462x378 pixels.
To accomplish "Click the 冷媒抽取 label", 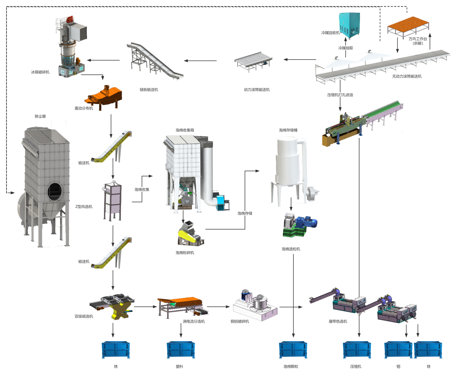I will [345, 48].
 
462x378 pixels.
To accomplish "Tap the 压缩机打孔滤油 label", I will [340, 95].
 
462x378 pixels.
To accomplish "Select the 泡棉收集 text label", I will [142, 189].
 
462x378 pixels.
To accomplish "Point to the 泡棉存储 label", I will [245, 213].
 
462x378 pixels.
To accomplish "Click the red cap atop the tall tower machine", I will [69, 19].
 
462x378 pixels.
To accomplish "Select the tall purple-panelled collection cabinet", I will [112, 199].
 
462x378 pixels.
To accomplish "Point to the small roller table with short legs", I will [253, 61].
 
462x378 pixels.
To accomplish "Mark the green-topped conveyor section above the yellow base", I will [381, 111].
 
